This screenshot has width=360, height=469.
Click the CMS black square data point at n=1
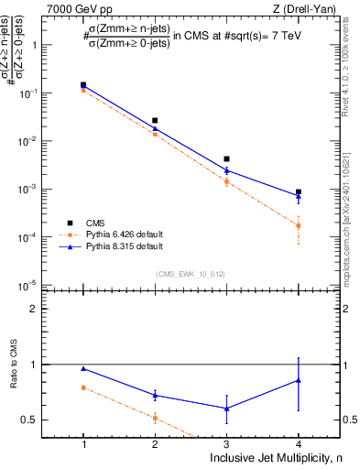click(83, 85)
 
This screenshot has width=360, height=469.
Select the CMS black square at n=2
click(155, 120)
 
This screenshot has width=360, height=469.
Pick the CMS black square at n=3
click(226, 159)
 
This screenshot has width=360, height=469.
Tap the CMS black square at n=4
click(298, 192)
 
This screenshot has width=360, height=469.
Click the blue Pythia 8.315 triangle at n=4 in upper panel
click(298, 196)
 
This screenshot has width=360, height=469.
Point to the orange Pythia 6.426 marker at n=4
click(298, 225)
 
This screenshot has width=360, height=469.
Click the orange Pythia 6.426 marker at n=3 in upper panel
click(226, 181)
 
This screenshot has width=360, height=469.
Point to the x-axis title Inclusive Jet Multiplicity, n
click(275, 457)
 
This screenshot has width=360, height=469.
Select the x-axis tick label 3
click(226, 442)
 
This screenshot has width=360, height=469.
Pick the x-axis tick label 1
click(83, 442)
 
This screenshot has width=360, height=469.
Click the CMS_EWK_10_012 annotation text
click(190, 274)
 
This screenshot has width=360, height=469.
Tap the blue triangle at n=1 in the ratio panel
click(83, 368)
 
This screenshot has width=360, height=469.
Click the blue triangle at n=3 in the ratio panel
click(226, 409)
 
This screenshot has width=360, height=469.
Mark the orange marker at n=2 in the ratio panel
click(155, 418)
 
